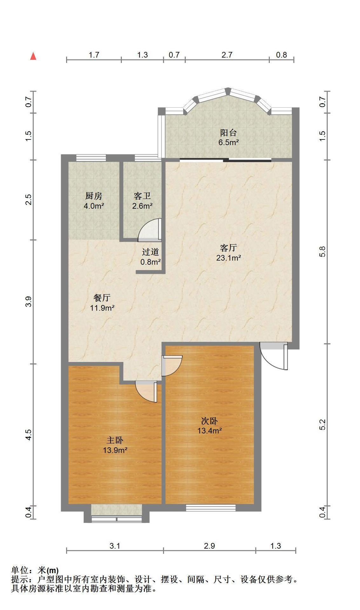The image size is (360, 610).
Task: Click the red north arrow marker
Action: (33, 56)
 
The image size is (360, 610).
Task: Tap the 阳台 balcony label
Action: (228, 132)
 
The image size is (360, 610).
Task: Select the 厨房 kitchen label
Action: (94, 196)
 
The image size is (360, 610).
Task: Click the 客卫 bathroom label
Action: (142, 196)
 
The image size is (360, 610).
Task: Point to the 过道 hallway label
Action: (150, 252)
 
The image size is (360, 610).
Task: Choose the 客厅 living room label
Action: (228, 247)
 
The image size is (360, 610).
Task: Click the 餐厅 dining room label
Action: (102, 298)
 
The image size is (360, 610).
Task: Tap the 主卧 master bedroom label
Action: (115, 440)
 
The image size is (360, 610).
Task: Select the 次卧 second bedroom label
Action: (209, 421)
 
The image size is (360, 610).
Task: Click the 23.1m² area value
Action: (228, 258)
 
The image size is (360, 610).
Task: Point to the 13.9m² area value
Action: (115, 450)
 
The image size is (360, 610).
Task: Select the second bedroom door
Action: (172, 366)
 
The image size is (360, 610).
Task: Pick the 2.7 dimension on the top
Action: (227, 55)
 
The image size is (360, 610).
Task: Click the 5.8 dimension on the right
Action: (322, 252)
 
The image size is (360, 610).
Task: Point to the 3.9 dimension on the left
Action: (29, 302)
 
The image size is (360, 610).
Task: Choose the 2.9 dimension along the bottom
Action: (209, 546)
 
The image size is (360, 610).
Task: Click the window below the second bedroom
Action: (211, 508)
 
